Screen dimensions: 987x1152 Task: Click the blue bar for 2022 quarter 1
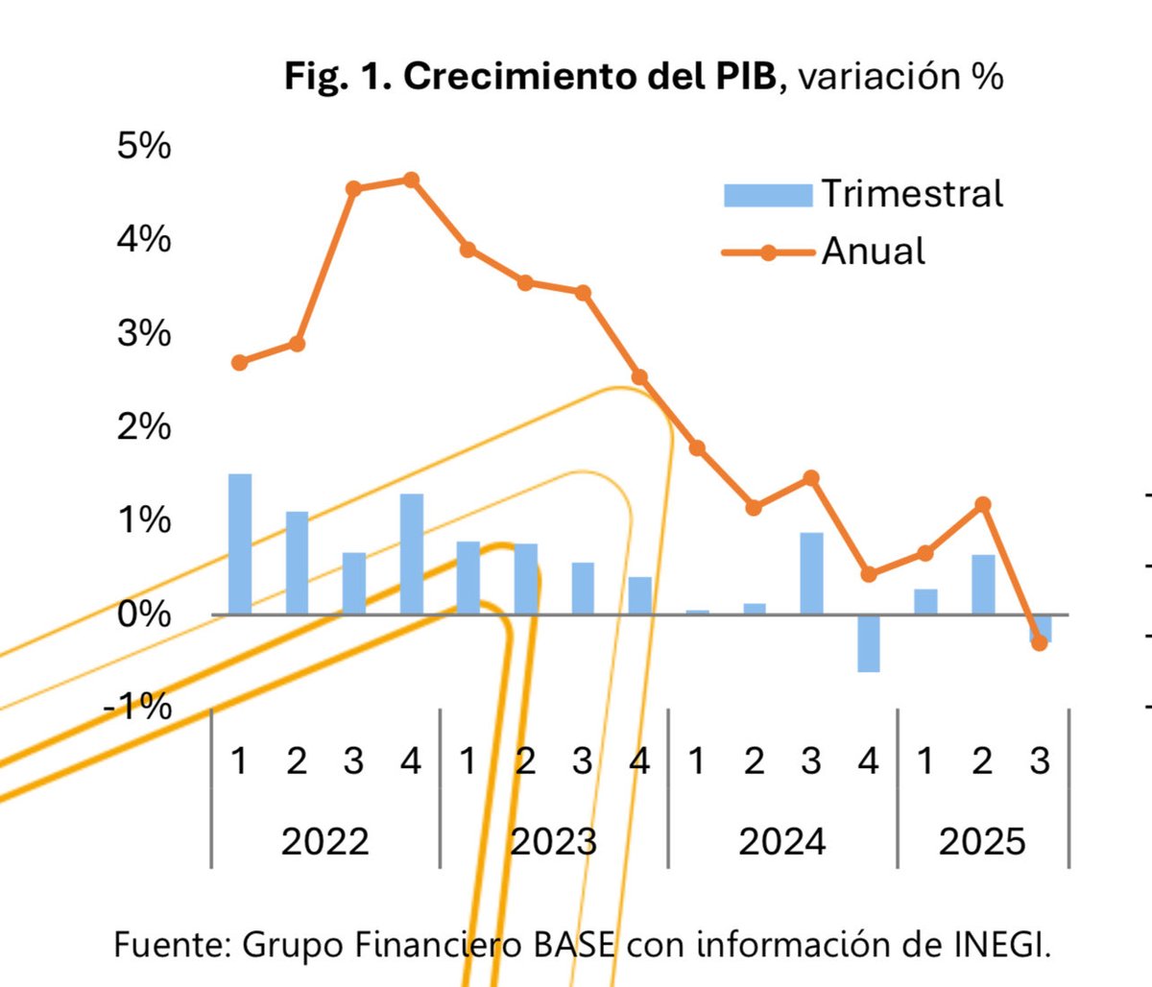(240, 544)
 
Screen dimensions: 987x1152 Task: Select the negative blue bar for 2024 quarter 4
(868, 642)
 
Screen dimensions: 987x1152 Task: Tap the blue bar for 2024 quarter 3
(811, 573)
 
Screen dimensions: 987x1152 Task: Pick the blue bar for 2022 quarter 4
(411, 554)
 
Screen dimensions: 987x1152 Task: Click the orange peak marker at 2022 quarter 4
(411, 180)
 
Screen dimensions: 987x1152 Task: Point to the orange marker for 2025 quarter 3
(1039, 642)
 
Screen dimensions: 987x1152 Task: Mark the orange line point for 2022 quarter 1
(240, 362)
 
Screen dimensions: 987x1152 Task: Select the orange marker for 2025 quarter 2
(982, 504)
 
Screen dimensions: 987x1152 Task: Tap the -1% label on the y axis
(138, 708)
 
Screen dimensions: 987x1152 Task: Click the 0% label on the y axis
(144, 614)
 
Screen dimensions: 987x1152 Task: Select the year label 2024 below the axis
(782, 842)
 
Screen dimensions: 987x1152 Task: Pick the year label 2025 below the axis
(982, 842)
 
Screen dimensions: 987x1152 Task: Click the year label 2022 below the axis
(324, 842)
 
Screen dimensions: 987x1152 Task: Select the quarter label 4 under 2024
(868, 761)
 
